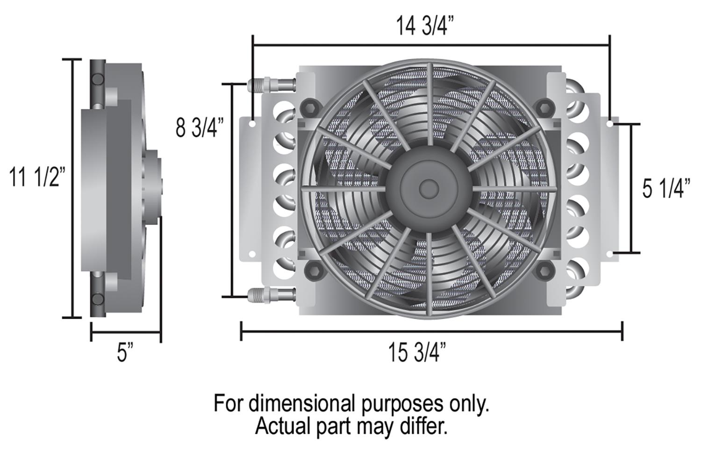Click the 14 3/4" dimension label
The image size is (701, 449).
(x=425, y=26)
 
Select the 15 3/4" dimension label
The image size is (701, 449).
(x=417, y=352)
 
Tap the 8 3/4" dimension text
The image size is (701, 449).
(x=200, y=128)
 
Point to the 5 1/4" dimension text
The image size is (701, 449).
(x=666, y=188)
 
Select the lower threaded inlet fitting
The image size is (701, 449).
(x=270, y=295)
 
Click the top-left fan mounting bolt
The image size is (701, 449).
(x=309, y=107)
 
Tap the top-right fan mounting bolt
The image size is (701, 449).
(x=544, y=107)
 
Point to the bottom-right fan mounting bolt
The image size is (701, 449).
(x=544, y=270)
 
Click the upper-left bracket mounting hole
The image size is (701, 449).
(x=252, y=124)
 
